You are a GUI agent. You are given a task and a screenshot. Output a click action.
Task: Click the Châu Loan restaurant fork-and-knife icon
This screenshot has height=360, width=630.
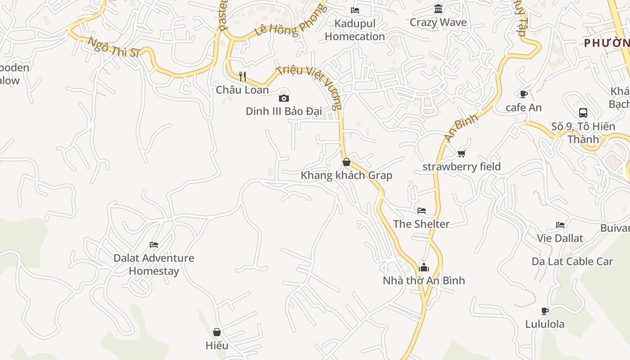coord(243,76)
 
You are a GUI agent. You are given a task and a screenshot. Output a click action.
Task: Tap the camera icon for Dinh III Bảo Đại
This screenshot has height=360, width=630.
coord(283,98)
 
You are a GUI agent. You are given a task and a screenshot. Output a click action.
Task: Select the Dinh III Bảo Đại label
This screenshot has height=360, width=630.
coord(283,111)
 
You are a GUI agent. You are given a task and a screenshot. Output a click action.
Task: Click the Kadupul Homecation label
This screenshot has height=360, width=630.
coord(355,30)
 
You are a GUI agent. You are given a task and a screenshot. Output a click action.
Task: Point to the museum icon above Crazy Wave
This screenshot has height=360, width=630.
coord(438,9)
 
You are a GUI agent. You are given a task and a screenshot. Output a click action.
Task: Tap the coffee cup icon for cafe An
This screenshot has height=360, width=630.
coord(523,94)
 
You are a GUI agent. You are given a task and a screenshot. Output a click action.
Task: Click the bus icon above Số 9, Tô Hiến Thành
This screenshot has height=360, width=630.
coord(583,112)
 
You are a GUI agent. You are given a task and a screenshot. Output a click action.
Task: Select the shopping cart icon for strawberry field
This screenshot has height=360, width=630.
coord(461,154)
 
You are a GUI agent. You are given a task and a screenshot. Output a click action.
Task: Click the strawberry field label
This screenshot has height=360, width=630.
coord(461,166)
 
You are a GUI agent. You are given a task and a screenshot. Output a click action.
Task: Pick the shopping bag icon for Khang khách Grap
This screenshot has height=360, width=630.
coord(346,162)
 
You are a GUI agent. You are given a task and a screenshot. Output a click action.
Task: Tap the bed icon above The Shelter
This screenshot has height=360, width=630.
coord(421,211)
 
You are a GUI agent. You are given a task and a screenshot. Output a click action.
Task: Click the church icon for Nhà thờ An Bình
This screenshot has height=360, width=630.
coord(423,267)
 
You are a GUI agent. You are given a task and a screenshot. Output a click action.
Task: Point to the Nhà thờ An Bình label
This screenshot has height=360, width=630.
coord(423,280)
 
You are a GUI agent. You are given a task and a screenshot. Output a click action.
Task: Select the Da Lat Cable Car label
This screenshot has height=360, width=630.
coord(572,261)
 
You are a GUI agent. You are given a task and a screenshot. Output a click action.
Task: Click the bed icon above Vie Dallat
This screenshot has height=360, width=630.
coord(560,225)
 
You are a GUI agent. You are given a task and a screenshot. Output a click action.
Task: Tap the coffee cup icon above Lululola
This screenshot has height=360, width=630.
coord(544,311)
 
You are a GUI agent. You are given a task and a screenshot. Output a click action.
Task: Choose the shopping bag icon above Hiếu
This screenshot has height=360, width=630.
coord(216,332)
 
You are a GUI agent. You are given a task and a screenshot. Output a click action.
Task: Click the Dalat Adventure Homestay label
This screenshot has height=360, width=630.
coord(153,264)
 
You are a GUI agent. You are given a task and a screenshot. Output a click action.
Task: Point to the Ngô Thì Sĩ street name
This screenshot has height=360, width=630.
coord(114,47)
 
